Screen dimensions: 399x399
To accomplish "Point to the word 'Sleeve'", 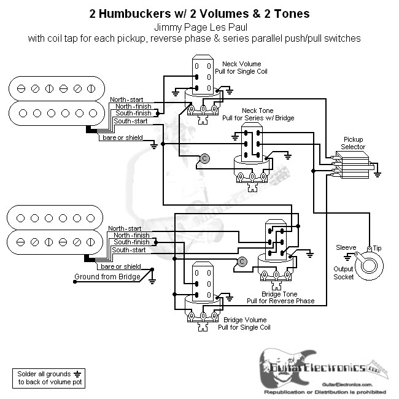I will (x=346, y=247).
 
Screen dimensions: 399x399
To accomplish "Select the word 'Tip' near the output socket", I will (x=376, y=247).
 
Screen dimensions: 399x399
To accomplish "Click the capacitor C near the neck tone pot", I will (x=204, y=158).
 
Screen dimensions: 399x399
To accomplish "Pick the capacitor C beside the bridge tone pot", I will (x=242, y=261).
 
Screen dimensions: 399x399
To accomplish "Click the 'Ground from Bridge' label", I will (x=105, y=277).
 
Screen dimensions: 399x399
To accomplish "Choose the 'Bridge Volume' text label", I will (x=246, y=320).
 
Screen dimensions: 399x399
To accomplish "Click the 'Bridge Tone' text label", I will (x=280, y=293).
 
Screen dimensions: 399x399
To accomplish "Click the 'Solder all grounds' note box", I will (x=47, y=378).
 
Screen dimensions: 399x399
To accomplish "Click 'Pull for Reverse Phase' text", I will (x=280, y=301).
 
